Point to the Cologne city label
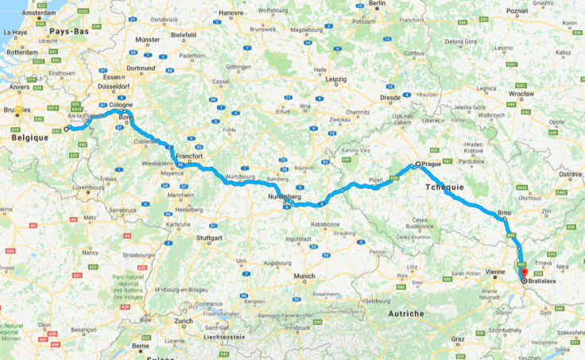(x=122, y=105)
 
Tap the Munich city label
(x=304, y=276)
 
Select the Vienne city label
(x=494, y=272)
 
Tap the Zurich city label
(x=184, y=321)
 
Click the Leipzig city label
(x=335, y=79)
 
